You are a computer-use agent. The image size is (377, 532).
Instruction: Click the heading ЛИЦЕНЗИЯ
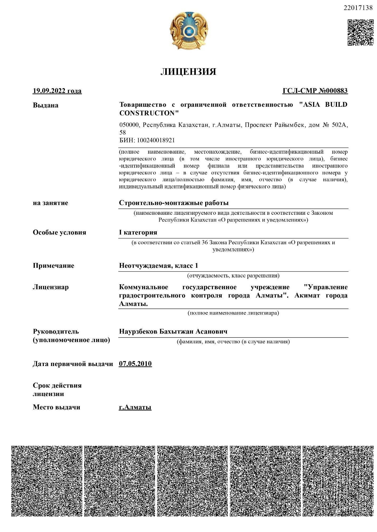click(x=188, y=72)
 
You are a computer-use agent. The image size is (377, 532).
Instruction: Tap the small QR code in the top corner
click(x=360, y=32)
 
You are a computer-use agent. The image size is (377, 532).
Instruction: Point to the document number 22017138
click(x=358, y=8)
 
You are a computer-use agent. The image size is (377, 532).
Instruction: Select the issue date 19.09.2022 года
click(x=57, y=91)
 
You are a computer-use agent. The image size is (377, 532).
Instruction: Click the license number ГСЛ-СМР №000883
click(x=315, y=91)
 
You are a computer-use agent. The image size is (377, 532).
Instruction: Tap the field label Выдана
click(x=46, y=105)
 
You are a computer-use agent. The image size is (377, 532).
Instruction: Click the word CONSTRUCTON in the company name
click(x=149, y=113)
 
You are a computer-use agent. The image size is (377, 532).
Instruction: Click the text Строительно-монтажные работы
click(x=174, y=203)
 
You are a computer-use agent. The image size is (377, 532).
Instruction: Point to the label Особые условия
click(x=59, y=232)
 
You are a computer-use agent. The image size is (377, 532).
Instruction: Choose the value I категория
click(x=138, y=232)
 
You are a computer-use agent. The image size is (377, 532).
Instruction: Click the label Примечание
click(x=54, y=266)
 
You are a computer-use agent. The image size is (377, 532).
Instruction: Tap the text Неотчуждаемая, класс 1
click(x=158, y=266)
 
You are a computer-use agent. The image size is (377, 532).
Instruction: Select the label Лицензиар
click(x=51, y=287)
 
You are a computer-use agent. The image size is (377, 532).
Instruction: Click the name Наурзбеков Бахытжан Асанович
click(x=173, y=331)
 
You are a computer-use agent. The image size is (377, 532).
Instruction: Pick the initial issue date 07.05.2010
click(x=135, y=364)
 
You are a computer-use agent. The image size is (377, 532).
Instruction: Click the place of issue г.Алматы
click(x=135, y=407)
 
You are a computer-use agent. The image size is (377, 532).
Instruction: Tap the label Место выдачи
click(x=56, y=407)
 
